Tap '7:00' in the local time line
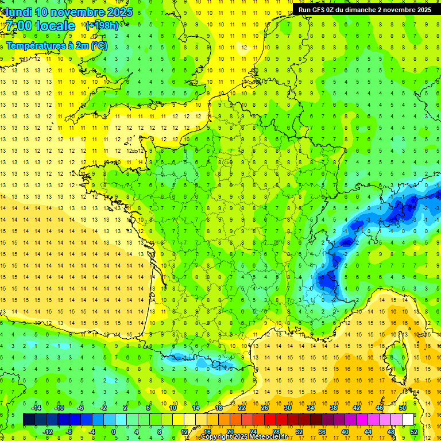point(19,26)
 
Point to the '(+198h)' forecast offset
point(102,25)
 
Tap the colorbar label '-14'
point(36,408)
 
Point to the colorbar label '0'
point(113,432)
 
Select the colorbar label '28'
point(276,432)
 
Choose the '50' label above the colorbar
point(403,408)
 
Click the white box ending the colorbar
point(408,420)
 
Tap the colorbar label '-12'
point(48,432)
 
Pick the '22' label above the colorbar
point(242,408)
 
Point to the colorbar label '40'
point(345,432)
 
